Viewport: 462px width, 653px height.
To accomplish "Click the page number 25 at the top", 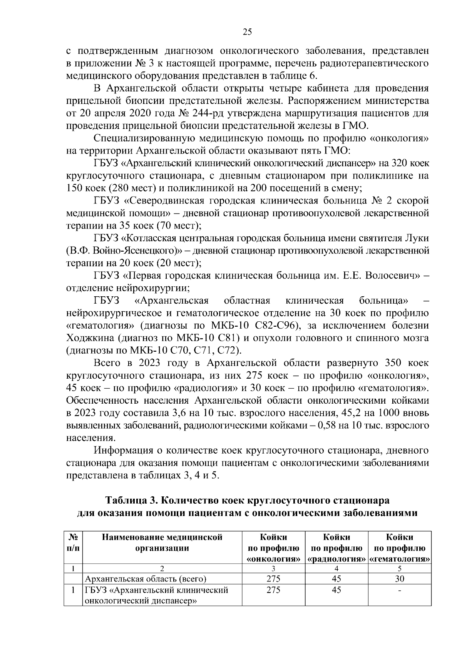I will tap(247, 32).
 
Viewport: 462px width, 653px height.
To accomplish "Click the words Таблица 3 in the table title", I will tap(130, 501).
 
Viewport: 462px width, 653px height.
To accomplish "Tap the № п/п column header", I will tap(73, 543).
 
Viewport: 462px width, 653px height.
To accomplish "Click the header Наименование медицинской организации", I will tap(162, 543).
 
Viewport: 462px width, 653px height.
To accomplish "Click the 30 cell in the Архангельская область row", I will tap(400, 578).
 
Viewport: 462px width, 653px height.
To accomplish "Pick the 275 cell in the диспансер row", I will tap(273, 590).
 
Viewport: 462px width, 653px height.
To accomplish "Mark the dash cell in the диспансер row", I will tap(400, 590).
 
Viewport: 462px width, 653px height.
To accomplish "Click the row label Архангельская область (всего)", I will tap(146, 579).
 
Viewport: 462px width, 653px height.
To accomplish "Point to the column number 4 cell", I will tap(336, 568).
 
